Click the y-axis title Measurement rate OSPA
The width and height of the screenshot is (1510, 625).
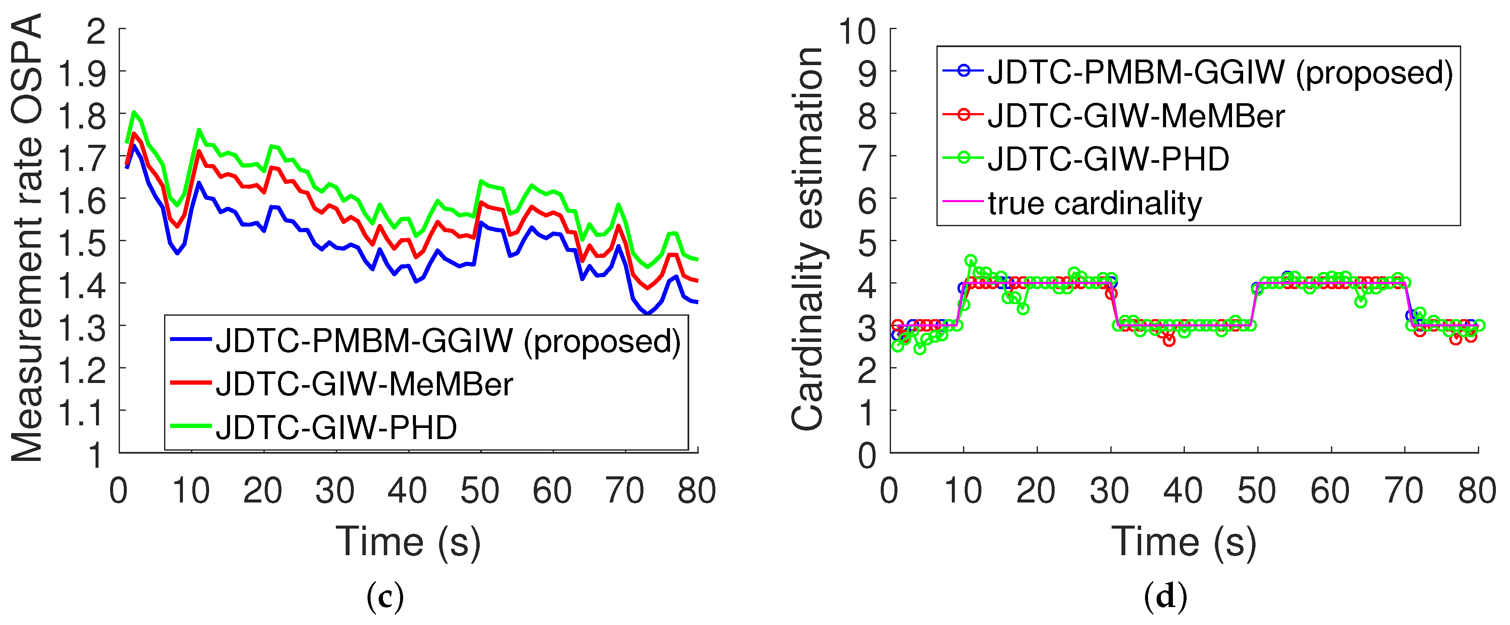27,237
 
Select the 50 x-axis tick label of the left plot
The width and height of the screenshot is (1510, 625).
479,491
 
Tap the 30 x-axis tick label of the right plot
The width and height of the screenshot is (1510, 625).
1109,491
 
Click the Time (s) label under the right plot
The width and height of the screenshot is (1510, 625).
1184,542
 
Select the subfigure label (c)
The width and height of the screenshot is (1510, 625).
385,597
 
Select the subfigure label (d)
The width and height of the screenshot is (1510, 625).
1165,597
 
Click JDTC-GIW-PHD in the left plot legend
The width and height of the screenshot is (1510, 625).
336,428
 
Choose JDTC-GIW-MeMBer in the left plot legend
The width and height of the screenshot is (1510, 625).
364,385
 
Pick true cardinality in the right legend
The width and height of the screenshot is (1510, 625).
1095,203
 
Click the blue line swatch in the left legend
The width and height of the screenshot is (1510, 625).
191,339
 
